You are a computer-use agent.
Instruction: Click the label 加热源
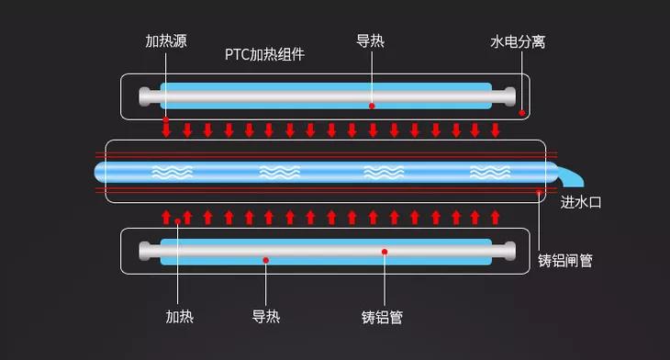pyautogui.click(x=165, y=41)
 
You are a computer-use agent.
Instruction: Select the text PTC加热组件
pyautogui.click(x=264, y=54)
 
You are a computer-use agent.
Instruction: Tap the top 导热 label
pyautogui.click(x=371, y=41)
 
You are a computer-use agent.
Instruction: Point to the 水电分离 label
pyautogui.click(x=518, y=41)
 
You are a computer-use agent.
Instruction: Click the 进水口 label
pyautogui.click(x=580, y=201)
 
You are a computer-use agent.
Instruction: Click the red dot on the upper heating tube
pyautogui.click(x=372, y=106)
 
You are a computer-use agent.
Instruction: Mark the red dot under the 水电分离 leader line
pyautogui.click(x=521, y=113)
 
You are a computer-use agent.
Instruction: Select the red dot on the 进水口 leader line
pyautogui.click(x=539, y=192)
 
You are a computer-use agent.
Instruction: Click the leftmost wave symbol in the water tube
pyautogui.click(x=172, y=172)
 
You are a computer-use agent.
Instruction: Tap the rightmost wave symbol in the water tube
pyautogui.click(x=490, y=172)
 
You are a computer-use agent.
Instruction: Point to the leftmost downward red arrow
pyautogui.click(x=166, y=128)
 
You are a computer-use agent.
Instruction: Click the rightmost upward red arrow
pyautogui.click(x=496, y=217)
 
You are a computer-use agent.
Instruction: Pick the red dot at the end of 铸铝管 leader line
pyautogui.click(x=385, y=251)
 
